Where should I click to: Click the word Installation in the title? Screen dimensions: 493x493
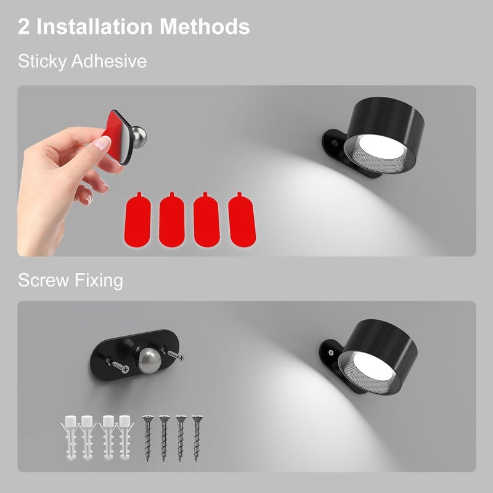click(x=95, y=26)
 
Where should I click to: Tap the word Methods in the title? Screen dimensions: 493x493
click(x=205, y=26)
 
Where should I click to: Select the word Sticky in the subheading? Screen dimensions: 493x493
click(x=42, y=61)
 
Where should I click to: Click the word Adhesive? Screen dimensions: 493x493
click(x=109, y=60)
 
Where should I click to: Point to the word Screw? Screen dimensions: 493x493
click(x=43, y=280)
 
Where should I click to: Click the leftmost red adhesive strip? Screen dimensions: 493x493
click(x=137, y=220)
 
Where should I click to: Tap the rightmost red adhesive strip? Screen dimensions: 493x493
click(x=242, y=220)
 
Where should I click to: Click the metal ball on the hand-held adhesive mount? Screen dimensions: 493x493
click(x=139, y=136)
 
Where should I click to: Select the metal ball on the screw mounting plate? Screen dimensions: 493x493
click(x=150, y=361)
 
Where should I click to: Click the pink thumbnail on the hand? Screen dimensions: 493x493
click(x=102, y=143)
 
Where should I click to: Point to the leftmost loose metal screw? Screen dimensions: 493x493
click(x=147, y=438)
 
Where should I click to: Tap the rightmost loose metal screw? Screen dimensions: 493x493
click(x=197, y=438)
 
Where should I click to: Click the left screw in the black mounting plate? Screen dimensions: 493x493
click(x=121, y=367)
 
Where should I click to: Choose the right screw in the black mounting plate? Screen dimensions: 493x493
click(x=176, y=356)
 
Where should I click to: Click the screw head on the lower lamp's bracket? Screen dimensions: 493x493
click(x=331, y=352)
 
